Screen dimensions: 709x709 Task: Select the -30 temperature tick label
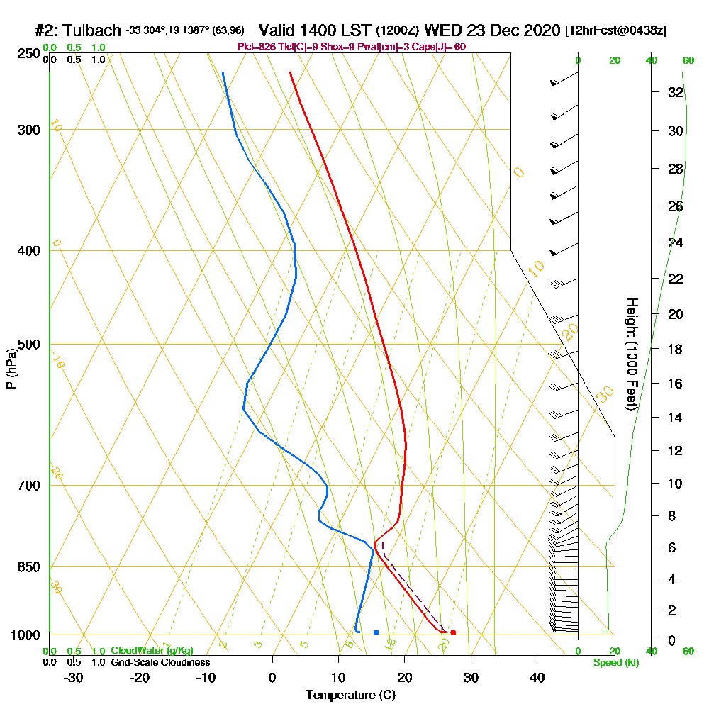click(74, 678)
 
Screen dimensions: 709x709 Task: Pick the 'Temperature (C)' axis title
click(350, 695)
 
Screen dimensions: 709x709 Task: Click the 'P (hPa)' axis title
click(11, 369)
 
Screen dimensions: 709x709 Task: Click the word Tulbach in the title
click(93, 31)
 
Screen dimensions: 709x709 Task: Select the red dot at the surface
click(453, 632)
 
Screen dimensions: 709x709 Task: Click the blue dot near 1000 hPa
click(376, 632)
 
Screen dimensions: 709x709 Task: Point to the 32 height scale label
click(675, 92)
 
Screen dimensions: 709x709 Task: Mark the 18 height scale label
click(675, 349)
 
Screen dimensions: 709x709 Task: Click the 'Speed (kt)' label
click(614, 662)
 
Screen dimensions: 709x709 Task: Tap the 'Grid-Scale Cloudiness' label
click(160, 662)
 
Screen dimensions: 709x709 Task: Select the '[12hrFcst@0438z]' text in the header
click(615, 31)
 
